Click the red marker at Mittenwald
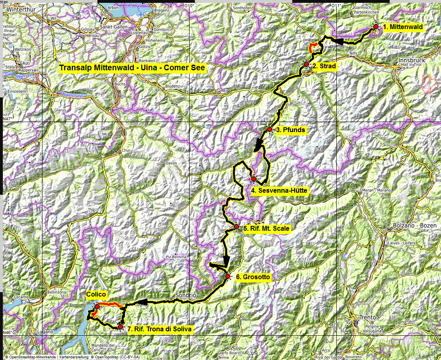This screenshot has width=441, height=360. [x=376, y=27]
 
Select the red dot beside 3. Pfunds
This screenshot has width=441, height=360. [x=270, y=129]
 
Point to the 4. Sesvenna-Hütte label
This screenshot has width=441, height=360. [x=279, y=190]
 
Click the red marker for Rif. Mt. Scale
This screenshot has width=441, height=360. [x=236, y=227]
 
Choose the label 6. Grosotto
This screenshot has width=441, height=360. [x=253, y=277]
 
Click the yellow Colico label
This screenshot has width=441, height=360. [x=96, y=295]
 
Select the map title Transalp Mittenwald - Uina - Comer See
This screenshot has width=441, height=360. [x=132, y=68]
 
